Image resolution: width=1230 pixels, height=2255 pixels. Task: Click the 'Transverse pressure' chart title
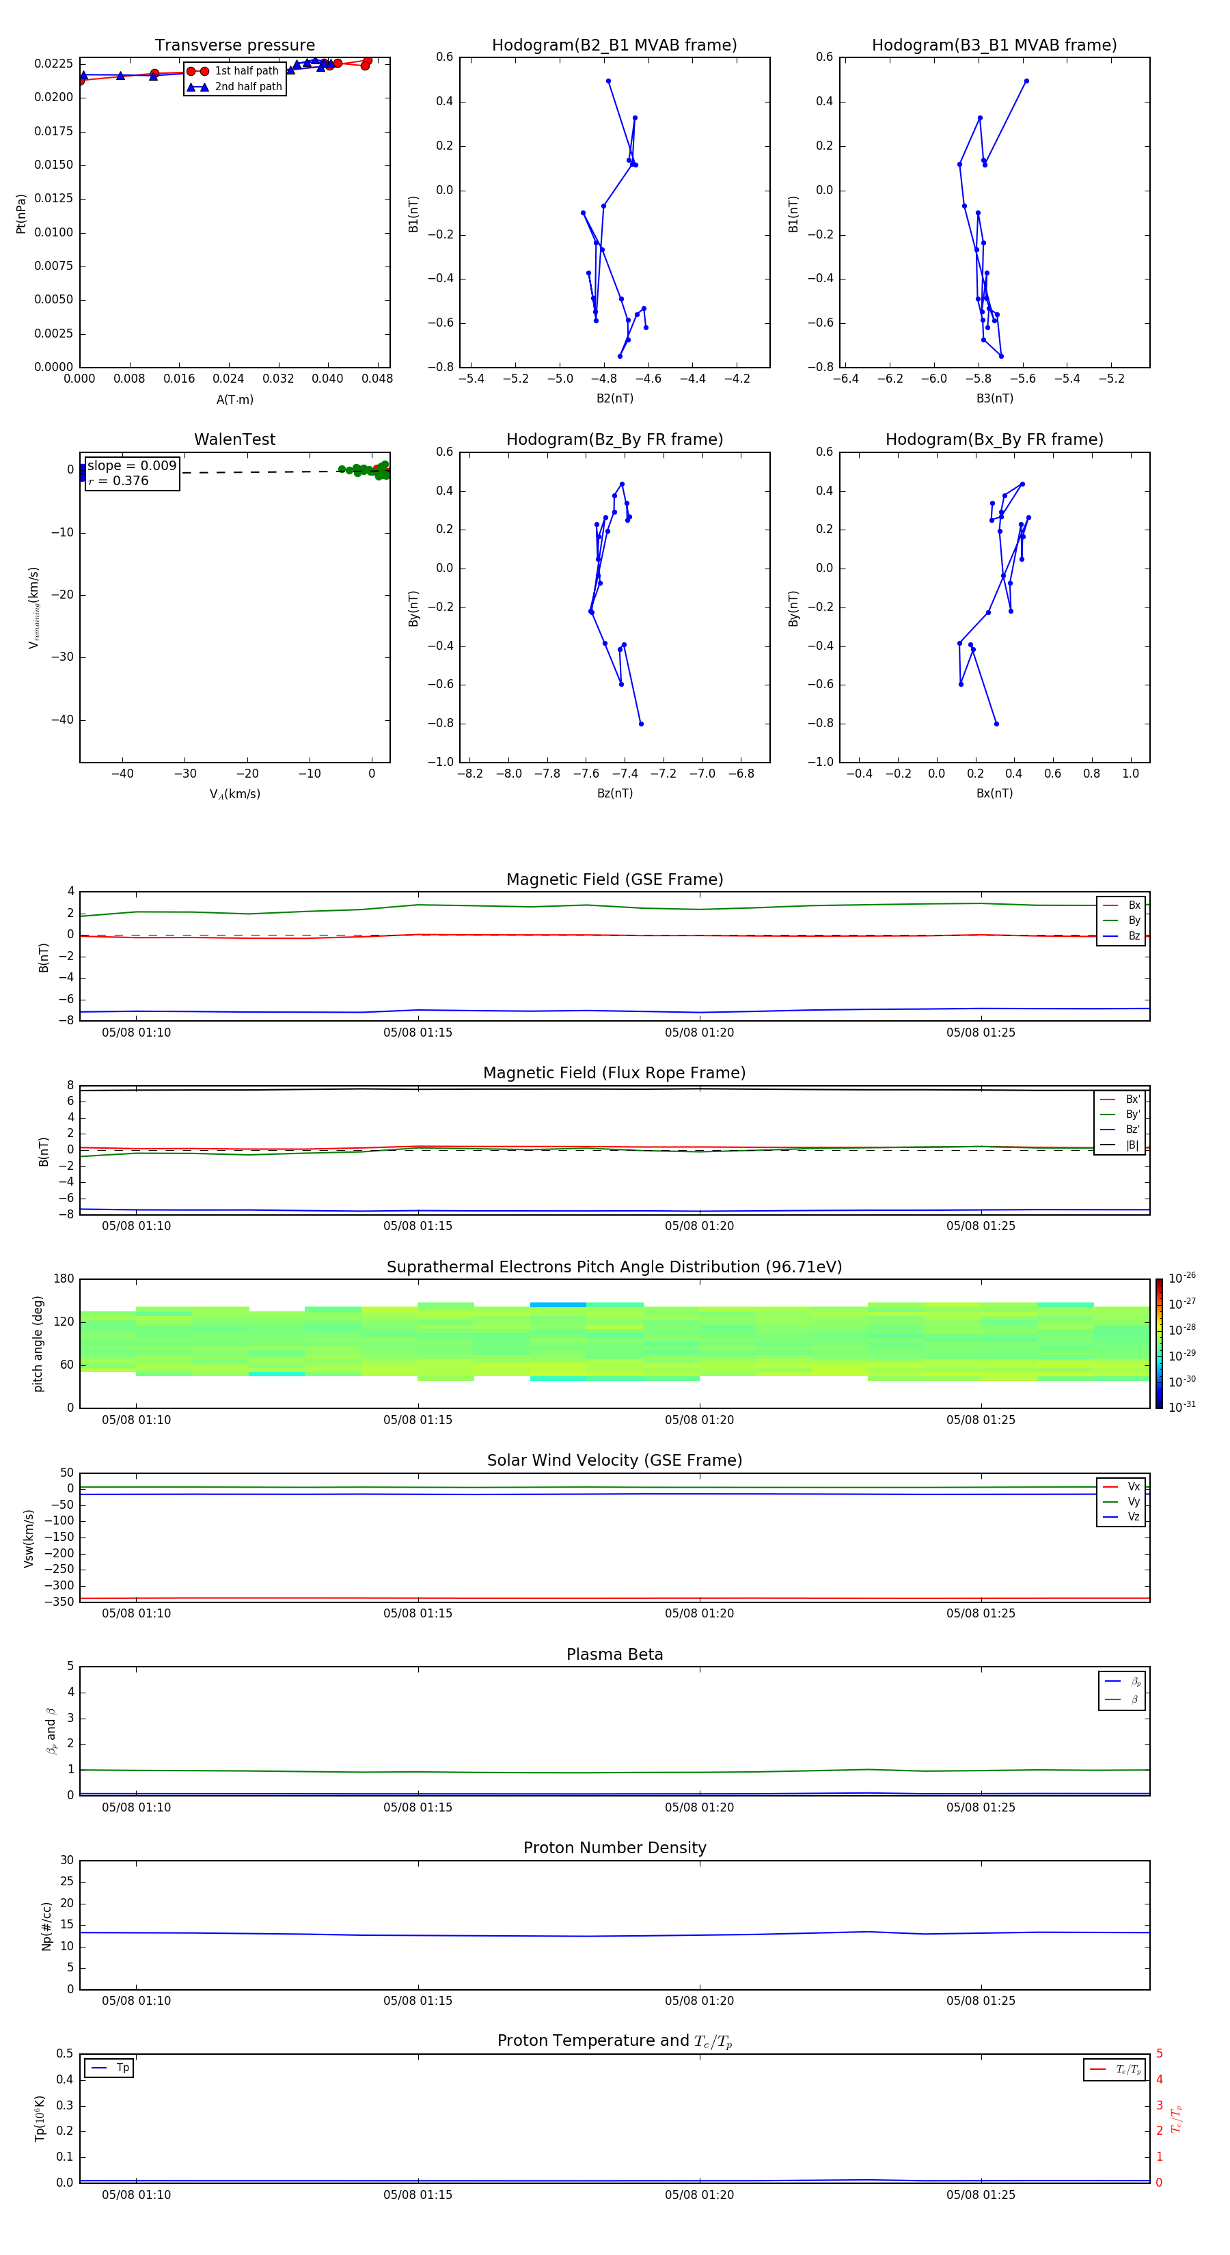[234, 46]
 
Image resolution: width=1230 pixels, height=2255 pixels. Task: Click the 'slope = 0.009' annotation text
[131, 466]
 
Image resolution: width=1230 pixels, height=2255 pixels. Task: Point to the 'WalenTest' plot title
[234, 439]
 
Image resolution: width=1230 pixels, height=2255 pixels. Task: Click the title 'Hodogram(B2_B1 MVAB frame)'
[614, 46]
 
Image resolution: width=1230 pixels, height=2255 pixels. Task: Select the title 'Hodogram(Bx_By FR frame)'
[994, 439]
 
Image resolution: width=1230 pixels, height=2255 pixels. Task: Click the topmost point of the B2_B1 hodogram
[608, 81]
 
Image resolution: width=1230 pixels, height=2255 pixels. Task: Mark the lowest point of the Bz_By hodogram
[641, 724]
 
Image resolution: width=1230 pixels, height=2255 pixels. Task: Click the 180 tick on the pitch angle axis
[64, 1279]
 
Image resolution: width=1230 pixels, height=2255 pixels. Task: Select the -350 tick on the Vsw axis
[59, 1602]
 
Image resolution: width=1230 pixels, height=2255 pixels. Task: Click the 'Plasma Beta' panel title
[614, 1654]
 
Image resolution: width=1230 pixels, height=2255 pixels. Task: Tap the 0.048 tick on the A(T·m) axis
[377, 379]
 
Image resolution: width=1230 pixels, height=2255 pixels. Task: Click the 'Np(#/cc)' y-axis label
[46, 1926]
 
